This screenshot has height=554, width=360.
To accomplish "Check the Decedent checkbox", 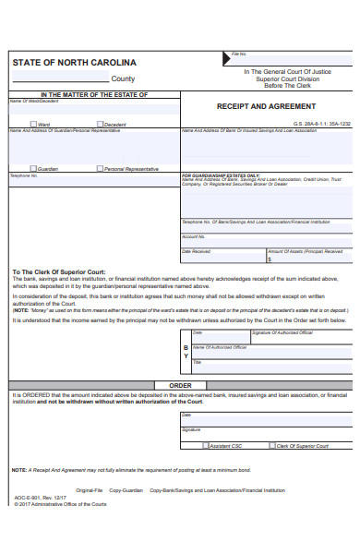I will (100, 124).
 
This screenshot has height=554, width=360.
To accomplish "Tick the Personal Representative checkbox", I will (100, 168).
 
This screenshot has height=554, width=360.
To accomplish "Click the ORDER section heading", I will (180, 385).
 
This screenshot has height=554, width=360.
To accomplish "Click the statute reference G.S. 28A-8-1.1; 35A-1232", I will (319, 123).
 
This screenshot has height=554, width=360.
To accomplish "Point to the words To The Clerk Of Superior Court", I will (58, 272).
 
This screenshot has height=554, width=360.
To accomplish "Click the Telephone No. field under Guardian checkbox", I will (92, 194).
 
